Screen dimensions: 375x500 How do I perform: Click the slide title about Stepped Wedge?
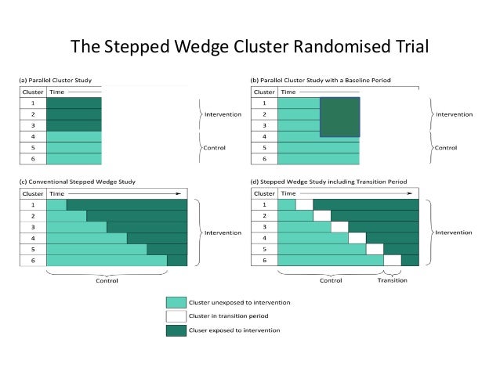click(x=250, y=47)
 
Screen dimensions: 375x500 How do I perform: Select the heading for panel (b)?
click(x=320, y=81)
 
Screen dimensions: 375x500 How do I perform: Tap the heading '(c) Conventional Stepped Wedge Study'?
click(x=78, y=182)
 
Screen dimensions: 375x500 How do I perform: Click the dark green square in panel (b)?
click(x=340, y=117)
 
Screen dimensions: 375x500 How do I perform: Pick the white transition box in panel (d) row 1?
click(x=304, y=205)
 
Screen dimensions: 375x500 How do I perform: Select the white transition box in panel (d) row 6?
click(x=393, y=261)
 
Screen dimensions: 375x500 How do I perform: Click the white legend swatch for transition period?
click(x=176, y=316)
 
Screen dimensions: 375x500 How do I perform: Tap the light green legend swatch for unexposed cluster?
click(x=176, y=301)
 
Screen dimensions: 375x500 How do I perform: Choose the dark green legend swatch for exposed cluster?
click(x=176, y=330)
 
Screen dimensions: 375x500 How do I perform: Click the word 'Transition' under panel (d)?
click(x=393, y=280)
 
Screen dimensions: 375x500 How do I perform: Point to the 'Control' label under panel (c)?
click(x=107, y=280)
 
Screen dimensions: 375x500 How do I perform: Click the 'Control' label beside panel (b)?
click(x=447, y=147)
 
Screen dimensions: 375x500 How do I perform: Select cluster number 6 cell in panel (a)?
click(x=33, y=159)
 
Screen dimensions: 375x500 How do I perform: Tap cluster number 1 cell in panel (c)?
click(x=33, y=205)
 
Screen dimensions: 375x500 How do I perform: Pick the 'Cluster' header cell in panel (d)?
click(x=265, y=193)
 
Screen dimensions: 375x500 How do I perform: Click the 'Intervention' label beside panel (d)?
click(x=455, y=233)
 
